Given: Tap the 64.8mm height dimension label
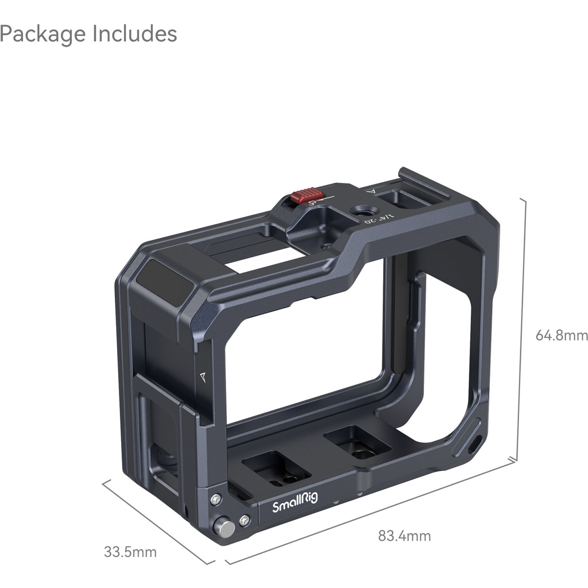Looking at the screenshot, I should click(x=561, y=336).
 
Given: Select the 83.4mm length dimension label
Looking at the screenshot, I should click(x=404, y=535).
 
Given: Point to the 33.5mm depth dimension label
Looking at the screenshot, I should click(x=130, y=552).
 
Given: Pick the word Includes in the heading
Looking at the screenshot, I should click(x=134, y=34).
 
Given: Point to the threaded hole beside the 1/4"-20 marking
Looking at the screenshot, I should click(x=359, y=212).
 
